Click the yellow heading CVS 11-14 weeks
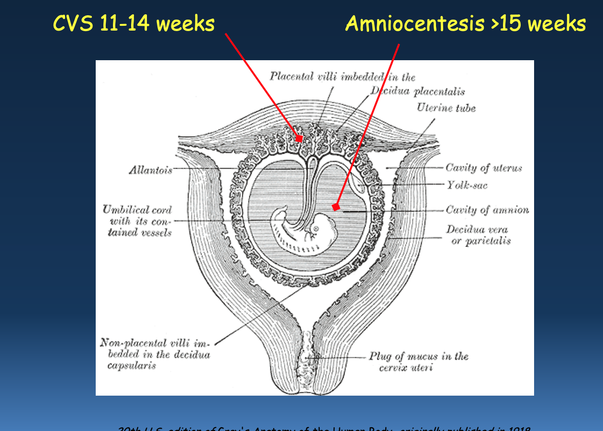coord(134,23)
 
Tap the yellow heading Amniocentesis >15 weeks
coord(465,23)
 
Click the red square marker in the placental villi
coord(299,139)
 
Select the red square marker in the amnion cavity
coord(336,207)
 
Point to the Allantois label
coord(150,170)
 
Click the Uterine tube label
coord(446,108)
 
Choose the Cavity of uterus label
coord(483,168)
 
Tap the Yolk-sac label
coord(467,185)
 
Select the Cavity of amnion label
coord(487,210)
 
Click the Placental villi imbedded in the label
coord(342,76)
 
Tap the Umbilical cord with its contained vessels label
coord(137,221)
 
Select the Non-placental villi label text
coord(155,354)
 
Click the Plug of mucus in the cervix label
coord(418,362)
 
